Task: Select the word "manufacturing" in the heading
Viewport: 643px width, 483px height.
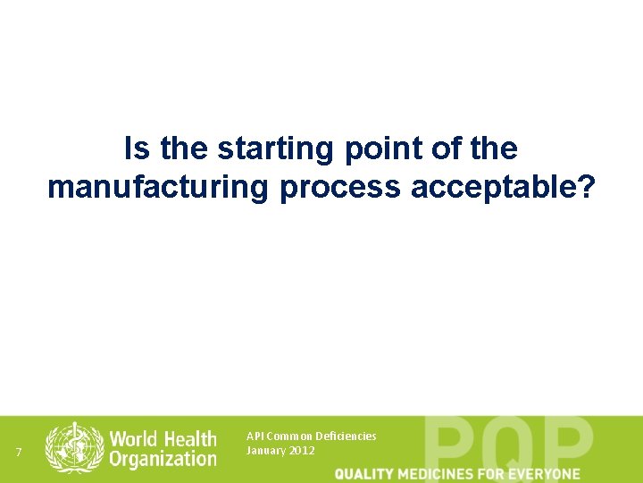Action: pos(157,187)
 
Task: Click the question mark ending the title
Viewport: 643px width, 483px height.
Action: pos(584,187)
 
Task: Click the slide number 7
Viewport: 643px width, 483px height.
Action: pos(19,451)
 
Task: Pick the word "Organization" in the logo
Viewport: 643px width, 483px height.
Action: pos(162,460)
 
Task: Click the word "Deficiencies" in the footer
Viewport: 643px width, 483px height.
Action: pos(346,436)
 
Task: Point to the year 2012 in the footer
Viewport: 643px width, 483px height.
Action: pos(301,451)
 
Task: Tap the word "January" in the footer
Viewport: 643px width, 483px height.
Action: pos(264,451)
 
